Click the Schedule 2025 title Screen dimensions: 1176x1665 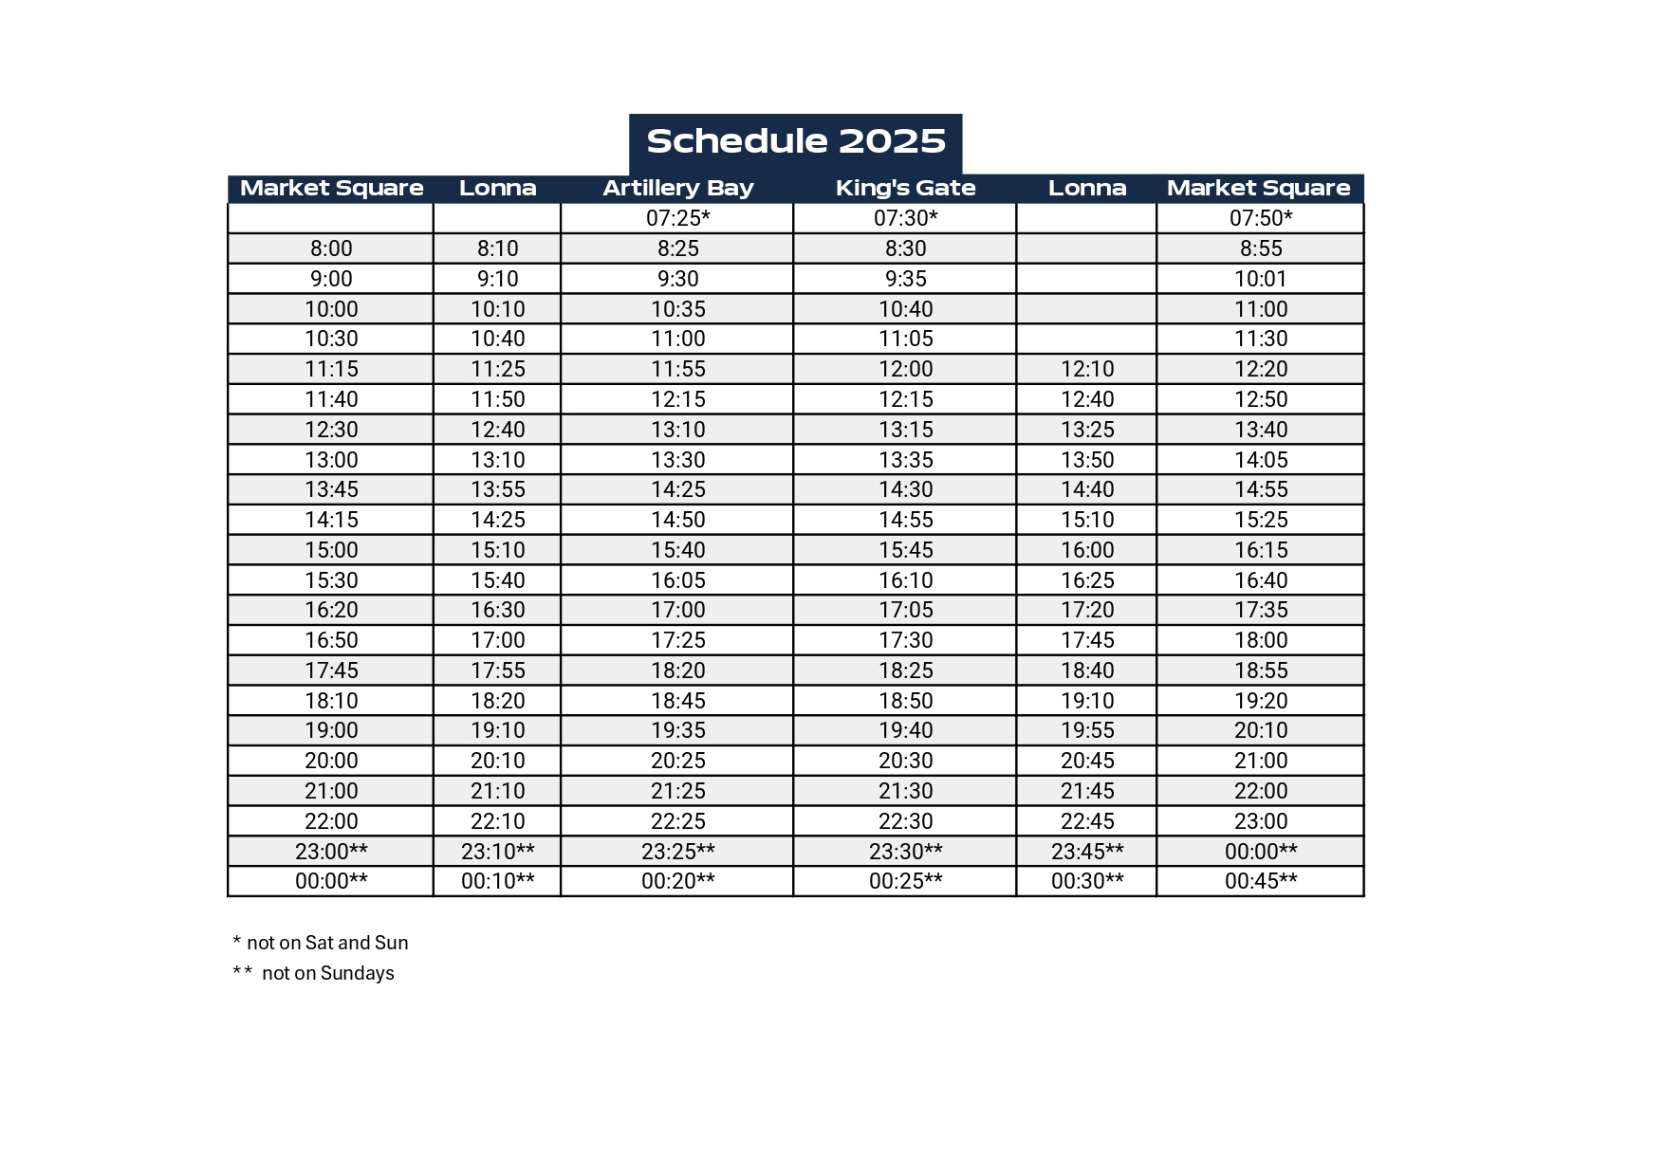[x=795, y=142]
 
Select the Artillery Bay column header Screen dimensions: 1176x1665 [x=677, y=188]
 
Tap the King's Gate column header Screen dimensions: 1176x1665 [x=905, y=188]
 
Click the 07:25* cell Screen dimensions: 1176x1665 [x=677, y=218]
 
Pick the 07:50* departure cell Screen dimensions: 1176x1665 [x=1260, y=218]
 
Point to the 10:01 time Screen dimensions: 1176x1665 [x=1260, y=279]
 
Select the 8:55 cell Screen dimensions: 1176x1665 [x=1260, y=248]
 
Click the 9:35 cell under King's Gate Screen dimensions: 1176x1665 [x=905, y=279]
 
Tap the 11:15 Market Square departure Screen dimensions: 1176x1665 [x=331, y=369]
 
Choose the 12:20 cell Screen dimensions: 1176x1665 [x=1260, y=369]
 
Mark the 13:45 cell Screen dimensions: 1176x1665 [x=331, y=489]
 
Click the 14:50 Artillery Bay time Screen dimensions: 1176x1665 [x=677, y=520]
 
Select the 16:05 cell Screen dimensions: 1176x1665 [x=677, y=580]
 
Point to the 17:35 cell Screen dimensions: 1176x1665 [x=1260, y=610]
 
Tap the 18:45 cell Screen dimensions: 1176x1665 [x=677, y=701]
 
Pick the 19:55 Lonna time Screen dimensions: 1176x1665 [x=1086, y=730]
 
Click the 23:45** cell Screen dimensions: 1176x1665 [x=1086, y=852]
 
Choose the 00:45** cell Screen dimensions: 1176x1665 [x=1260, y=881]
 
